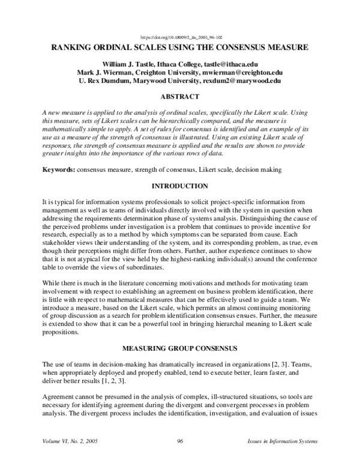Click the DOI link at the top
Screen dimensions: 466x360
(180, 36)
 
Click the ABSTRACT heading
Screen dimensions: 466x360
(180, 96)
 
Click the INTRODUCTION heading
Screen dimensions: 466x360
(180, 187)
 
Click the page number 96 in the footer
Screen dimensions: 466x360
(180, 442)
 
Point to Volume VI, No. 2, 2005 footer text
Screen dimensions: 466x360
(70, 442)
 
